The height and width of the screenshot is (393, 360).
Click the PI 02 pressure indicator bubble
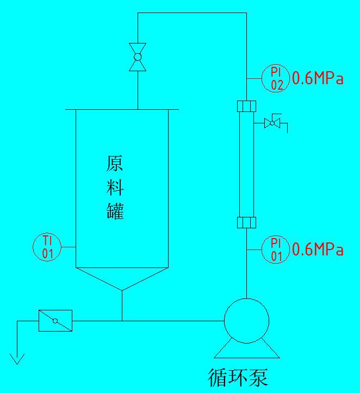(x=277, y=79)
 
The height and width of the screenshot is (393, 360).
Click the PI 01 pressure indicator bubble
(x=277, y=250)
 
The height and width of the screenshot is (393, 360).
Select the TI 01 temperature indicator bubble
(x=47, y=247)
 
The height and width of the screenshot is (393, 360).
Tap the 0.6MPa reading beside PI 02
(x=318, y=79)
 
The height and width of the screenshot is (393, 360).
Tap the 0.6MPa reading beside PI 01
(x=318, y=250)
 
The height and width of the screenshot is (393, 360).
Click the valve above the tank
(x=138, y=57)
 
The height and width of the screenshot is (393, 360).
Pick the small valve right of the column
(x=272, y=123)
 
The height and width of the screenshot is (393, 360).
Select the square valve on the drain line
(x=55, y=321)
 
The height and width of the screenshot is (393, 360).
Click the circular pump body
(x=247, y=321)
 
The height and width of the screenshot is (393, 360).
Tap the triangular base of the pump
(x=247, y=351)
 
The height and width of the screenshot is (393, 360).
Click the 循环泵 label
(x=238, y=377)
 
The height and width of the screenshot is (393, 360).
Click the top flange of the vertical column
(x=247, y=105)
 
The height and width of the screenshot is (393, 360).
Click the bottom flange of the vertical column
(x=247, y=222)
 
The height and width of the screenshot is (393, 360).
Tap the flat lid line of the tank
(x=122, y=110)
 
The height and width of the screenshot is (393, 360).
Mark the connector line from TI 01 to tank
(x=68, y=247)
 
